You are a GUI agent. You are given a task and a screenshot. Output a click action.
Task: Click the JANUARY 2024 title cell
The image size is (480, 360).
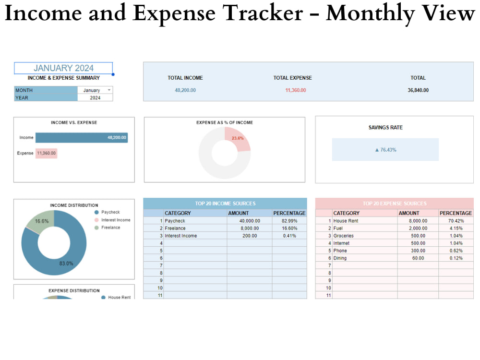pyautogui.click(x=63, y=68)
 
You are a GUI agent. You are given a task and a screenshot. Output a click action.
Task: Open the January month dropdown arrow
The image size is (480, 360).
pyautogui.click(x=109, y=90)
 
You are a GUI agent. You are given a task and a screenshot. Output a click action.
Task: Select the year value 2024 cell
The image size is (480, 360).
pyautogui.click(x=95, y=97)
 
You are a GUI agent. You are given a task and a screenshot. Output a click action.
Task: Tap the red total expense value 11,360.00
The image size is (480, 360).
pyautogui.click(x=295, y=90)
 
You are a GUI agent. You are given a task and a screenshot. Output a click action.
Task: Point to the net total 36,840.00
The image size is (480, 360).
pyautogui.click(x=418, y=90)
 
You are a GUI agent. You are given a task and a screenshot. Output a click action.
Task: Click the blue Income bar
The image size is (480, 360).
pyautogui.click(x=82, y=138)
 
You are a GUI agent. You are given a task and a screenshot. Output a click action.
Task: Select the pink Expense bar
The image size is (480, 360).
pyautogui.click(x=46, y=153)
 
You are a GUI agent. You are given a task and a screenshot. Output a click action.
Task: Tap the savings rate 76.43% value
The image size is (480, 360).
pyautogui.click(x=385, y=150)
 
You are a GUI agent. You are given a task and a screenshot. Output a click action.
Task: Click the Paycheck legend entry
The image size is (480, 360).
pyautogui.click(x=110, y=212)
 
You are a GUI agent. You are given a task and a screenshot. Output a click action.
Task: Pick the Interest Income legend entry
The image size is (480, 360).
pyautogui.click(x=115, y=220)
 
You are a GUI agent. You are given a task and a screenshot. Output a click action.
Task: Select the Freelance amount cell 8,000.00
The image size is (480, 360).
pyautogui.click(x=250, y=228)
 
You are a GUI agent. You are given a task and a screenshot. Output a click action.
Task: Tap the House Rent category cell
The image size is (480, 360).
pyautogui.click(x=346, y=221)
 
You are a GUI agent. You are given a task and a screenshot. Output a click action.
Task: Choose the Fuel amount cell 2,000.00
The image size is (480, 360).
pyautogui.click(x=418, y=228)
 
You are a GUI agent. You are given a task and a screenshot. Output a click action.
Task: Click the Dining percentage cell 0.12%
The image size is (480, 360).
pyautogui.click(x=456, y=258)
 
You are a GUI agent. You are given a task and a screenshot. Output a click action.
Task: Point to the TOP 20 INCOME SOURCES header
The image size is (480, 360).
pyautogui.click(x=225, y=204)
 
